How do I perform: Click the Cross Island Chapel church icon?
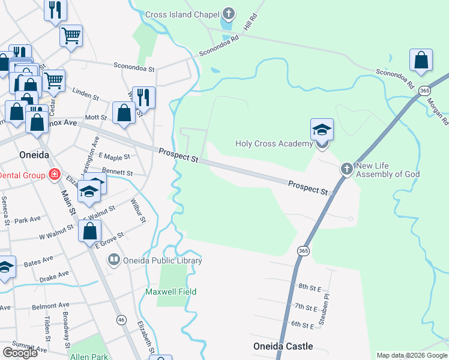pos(228,13)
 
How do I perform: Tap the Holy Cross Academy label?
pos(273,143)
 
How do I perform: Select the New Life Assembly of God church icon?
pos(346,169)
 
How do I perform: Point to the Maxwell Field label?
pos(171,292)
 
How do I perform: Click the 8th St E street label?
pos(311,287)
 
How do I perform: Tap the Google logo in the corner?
pos(20,353)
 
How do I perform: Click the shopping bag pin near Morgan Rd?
pos(421,60)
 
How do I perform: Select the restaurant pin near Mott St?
pos(143,97)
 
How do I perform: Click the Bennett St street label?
pos(117,173)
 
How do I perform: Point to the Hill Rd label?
pos(250,25)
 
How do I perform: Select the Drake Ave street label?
pos(54,279)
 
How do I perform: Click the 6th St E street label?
pos(303,325)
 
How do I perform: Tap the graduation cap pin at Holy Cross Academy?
pos(322,129)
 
